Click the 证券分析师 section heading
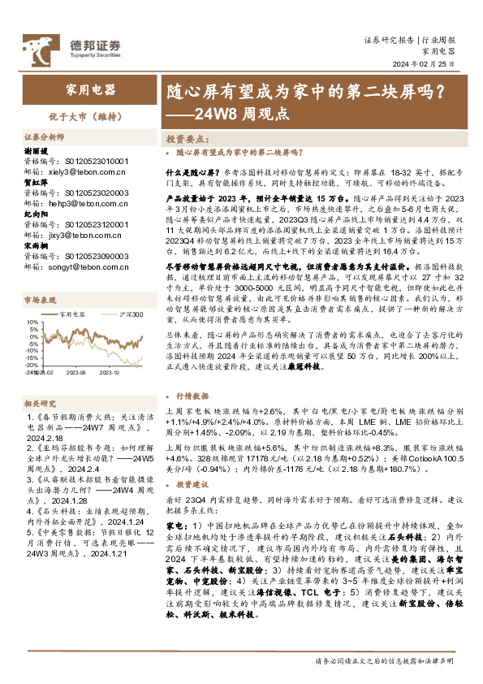45,137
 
